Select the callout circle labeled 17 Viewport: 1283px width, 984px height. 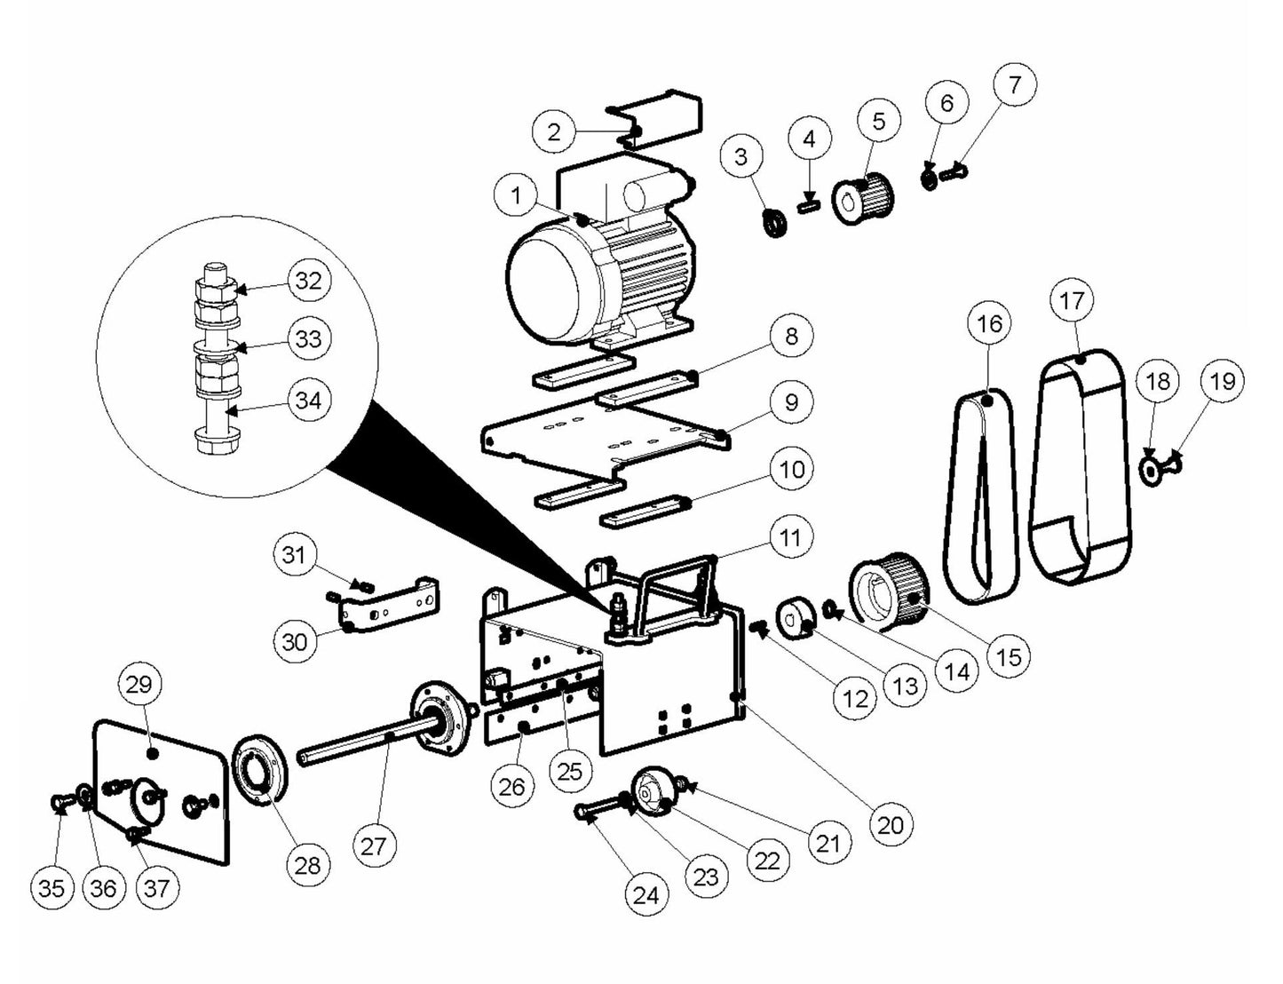click(x=1072, y=301)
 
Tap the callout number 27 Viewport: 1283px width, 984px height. click(x=374, y=845)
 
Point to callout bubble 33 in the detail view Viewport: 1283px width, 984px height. click(x=308, y=339)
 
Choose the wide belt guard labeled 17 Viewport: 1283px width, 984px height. click(x=1081, y=471)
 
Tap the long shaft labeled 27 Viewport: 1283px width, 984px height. click(x=355, y=749)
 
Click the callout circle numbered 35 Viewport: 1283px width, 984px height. click(x=52, y=887)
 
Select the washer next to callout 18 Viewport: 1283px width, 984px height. click(x=1150, y=471)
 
